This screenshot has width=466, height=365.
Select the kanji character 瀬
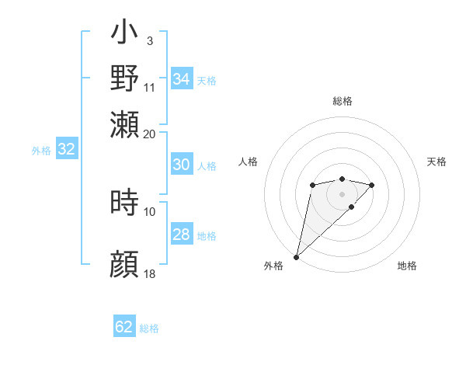[x=125, y=124]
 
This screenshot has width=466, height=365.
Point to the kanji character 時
[x=125, y=203]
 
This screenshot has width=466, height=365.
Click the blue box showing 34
[x=182, y=79]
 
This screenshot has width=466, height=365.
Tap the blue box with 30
[x=181, y=165]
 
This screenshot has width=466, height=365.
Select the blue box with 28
[x=181, y=235]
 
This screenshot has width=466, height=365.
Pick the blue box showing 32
[x=66, y=150]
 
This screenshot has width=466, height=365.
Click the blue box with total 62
[x=124, y=327]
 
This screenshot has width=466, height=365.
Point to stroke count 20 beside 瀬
[x=150, y=134]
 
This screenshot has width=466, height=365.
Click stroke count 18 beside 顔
[x=150, y=275]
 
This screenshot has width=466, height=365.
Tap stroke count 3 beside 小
[x=149, y=40]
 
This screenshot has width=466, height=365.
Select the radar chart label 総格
[x=342, y=101]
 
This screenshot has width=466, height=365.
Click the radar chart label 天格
[x=436, y=162]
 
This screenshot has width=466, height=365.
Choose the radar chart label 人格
[x=249, y=162]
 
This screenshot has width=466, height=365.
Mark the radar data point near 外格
[x=296, y=257]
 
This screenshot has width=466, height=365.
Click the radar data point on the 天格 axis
[x=372, y=185]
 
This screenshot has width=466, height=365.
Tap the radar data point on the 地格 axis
[x=352, y=207]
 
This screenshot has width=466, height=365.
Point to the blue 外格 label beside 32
[x=40, y=151]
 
